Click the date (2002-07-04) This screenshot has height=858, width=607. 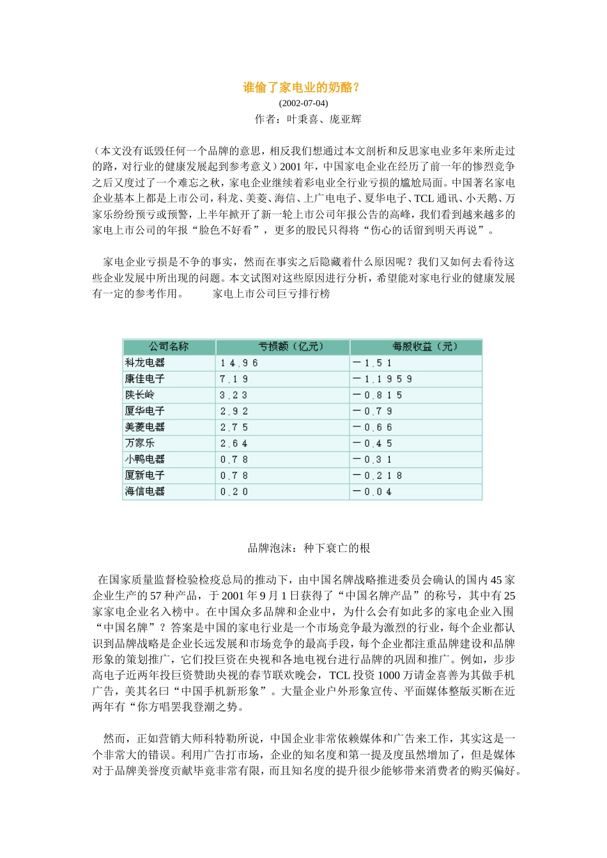point(303,103)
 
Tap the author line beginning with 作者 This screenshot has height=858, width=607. point(307,119)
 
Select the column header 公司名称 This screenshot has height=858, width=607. point(169,347)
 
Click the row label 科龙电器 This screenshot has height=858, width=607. point(145,363)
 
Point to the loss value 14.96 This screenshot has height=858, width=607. point(239,363)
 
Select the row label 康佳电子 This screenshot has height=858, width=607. point(145,379)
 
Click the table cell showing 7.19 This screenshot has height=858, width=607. point(234,379)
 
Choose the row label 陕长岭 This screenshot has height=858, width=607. point(140,395)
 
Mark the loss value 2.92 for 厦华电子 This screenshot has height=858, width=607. point(234,411)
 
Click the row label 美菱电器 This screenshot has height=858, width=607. point(145,427)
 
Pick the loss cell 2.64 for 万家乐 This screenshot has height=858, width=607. point(234,444)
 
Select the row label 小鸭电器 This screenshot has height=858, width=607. point(145,459)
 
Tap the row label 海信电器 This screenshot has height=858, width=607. point(145,492)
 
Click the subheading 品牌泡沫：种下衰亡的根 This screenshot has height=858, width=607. point(309,548)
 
